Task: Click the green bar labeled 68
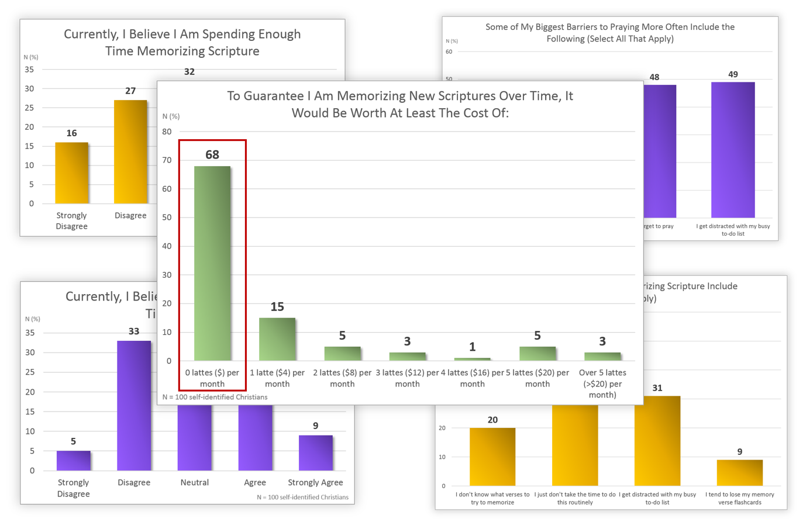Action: click(x=212, y=263)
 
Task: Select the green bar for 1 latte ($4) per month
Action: click(x=277, y=339)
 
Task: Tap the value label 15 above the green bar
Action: click(x=277, y=307)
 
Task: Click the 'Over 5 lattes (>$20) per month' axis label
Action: click(x=602, y=384)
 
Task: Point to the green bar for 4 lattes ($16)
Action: click(x=472, y=359)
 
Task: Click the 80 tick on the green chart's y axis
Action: click(x=167, y=132)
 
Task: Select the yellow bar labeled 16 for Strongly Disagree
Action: click(x=71, y=173)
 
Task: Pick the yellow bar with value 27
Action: click(x=130, y=152)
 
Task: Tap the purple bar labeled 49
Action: click(x=733, y=150)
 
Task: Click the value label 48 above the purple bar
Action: click(x=654, y=77)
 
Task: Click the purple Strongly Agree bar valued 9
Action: click(x=316, y=453)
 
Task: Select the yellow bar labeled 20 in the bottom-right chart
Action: click(x=492, y=457)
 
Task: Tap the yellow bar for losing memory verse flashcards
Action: click(x=740, y=472)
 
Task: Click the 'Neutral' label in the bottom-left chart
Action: click(x=195, y=482)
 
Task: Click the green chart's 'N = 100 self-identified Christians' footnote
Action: click(x=215, y=397)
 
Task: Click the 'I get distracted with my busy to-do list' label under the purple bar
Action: click(x=733, y=230)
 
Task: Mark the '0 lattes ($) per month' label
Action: click(x=212, y=378)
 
